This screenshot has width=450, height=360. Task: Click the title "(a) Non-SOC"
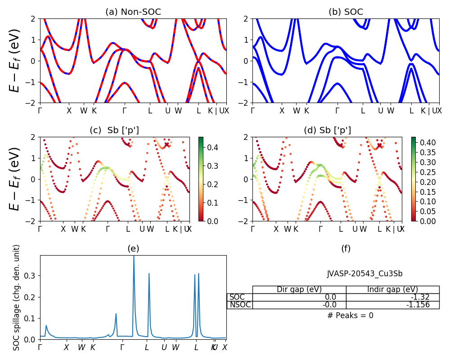[133, 12]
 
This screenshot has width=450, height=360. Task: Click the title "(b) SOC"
[346, 12]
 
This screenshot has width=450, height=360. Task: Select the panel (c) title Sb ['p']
[114, 130]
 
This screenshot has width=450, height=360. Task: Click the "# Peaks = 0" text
[350, 315]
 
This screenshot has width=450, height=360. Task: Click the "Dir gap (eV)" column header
[299, 289]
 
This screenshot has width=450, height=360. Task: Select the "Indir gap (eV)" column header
[392, 289]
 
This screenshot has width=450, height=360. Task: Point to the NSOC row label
[240, 305]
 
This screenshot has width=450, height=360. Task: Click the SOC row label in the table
[237, 297]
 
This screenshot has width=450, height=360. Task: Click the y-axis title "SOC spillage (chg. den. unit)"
[17, 297]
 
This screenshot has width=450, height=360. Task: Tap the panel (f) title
[346, 248]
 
